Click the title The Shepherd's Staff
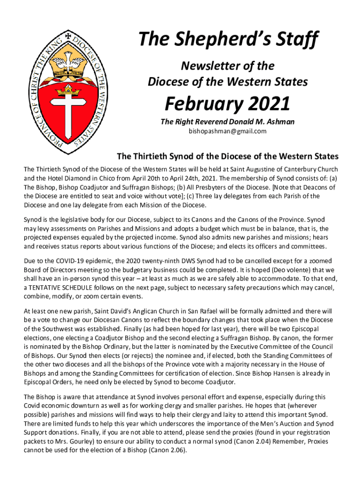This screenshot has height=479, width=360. coord(228,40)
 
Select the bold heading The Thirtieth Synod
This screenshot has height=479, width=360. coord(227,156)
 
